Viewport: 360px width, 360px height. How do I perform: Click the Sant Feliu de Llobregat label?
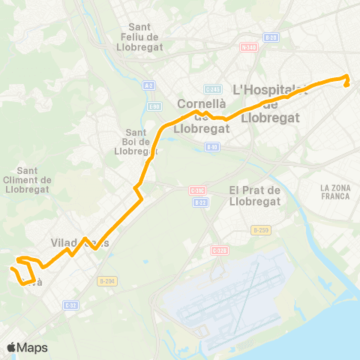[151, 37]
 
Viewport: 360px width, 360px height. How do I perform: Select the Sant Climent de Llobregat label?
[27, 179]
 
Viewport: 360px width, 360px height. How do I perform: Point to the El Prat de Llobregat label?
[254, 195]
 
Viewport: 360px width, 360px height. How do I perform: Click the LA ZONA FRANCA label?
[334, 191]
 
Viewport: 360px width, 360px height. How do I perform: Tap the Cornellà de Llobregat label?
[201, 115]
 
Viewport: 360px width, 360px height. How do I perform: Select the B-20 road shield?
[271, 37]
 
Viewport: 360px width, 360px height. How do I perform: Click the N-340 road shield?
[248, 47]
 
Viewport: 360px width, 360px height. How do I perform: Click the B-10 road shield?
[212, 147]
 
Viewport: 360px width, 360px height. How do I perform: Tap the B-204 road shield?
[106, 280]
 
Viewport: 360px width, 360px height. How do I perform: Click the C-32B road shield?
[70, 304]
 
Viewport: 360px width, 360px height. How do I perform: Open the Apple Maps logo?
[28, 347]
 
